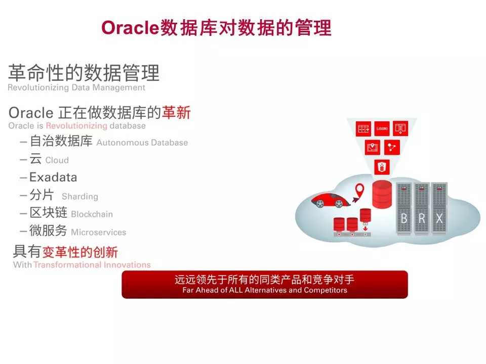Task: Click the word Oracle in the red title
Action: point(130,27)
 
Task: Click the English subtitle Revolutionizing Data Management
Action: point(76,87)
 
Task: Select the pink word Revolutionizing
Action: point(76,126)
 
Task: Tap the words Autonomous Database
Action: point(142,143)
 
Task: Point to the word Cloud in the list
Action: point(57,160)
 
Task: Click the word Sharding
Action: point(80,197)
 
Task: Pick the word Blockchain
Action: point(92,214)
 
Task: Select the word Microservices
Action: point(99,232)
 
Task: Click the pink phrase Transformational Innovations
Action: point(92,265)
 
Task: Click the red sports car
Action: point(331,200)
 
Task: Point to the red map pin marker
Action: point(359,190)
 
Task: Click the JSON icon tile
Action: point(382,128)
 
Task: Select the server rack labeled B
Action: point(404,208)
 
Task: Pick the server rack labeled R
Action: point(422,208)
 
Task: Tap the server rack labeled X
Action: point(439,208)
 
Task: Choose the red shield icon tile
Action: point(382,167)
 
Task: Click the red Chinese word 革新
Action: point(176,113)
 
